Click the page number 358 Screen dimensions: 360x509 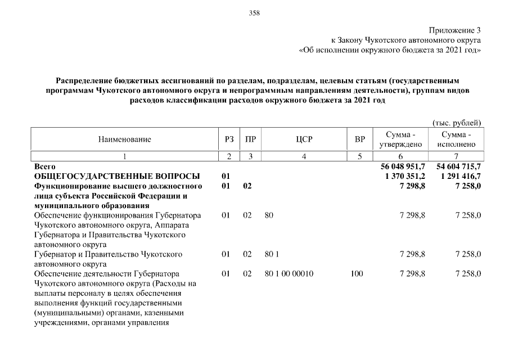coord(254,12)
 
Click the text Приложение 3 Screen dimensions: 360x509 coord(455,30)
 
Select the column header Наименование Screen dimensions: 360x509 coord(124,139)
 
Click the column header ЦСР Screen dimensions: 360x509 coord(304,139)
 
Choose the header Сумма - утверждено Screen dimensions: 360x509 coord(401,139)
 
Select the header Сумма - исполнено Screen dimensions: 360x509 coord(456,139)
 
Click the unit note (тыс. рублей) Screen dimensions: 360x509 coord(456,122)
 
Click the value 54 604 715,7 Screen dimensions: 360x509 coord(457,167)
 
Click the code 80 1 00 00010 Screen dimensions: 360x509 coord(289,273)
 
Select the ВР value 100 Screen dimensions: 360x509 coord(356,273)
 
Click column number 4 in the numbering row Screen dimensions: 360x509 coord(304,156)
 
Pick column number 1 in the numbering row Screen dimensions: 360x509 coord(124,156)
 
